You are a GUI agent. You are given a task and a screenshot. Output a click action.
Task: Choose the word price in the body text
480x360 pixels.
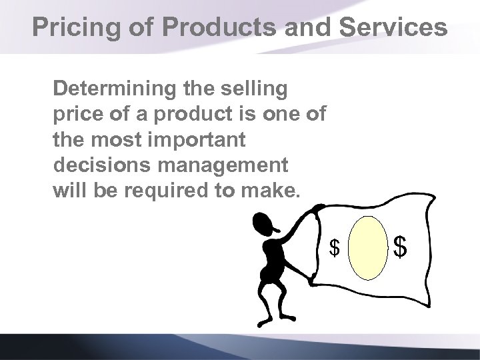coord(76,114)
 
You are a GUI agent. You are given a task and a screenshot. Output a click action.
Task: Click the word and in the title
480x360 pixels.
coord(291,27)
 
